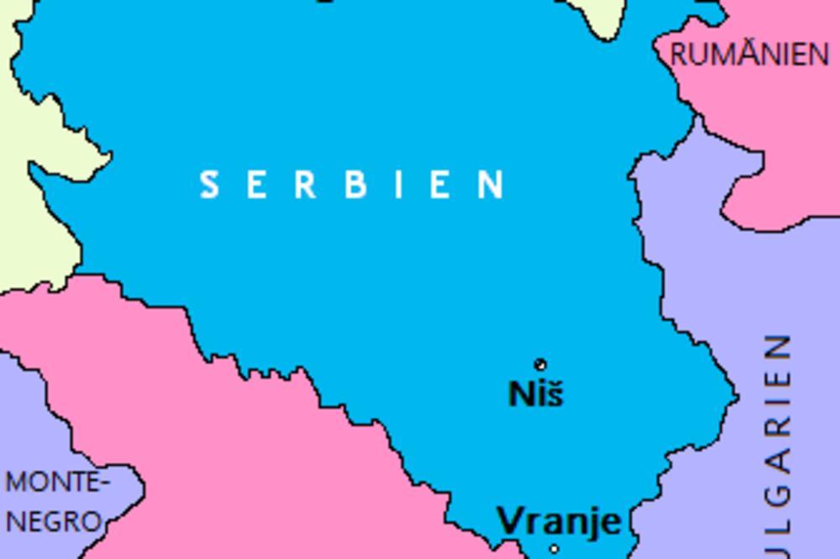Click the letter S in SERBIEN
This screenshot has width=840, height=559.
coord(209,185)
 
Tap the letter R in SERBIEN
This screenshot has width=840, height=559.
coord(305,185)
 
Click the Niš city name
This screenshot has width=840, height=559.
coord(536,393)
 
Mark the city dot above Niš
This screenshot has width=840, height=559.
coord(541,364)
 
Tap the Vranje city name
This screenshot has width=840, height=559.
coord(559,520)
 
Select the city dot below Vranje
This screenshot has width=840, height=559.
coord(554,550)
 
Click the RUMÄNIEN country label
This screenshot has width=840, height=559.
coord(749,55)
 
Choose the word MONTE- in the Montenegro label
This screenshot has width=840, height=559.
coord(57,483)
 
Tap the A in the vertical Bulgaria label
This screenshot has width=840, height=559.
coord(779,459)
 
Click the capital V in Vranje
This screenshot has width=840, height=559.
coord(511,520)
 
